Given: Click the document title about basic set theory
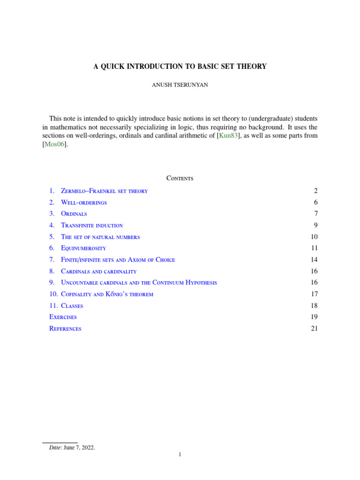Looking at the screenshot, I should point(180,67).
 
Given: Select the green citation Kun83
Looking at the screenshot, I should point(229,136).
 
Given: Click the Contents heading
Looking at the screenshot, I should point(180,179).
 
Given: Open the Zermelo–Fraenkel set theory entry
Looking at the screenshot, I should point(104,191).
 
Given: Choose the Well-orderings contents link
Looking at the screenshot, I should point(84,202).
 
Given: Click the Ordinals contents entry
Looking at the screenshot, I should point(74,214).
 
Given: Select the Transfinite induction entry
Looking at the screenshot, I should point(92,225).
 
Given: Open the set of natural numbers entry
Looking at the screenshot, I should point(100,237).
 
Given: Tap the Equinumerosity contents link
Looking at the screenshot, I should point(83,248).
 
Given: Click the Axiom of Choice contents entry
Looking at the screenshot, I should point(118,260).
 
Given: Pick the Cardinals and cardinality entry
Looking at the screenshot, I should point(98,271).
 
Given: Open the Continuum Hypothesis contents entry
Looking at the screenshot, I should point(139,283).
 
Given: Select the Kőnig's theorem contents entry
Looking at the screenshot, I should point(107,294).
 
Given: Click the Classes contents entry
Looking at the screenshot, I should point(72,306).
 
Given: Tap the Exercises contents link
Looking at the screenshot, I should point(63,317).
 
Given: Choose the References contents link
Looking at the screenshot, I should point(65,329).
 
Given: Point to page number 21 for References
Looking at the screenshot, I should point(314,329).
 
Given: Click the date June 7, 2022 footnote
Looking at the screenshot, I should point(72,448).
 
